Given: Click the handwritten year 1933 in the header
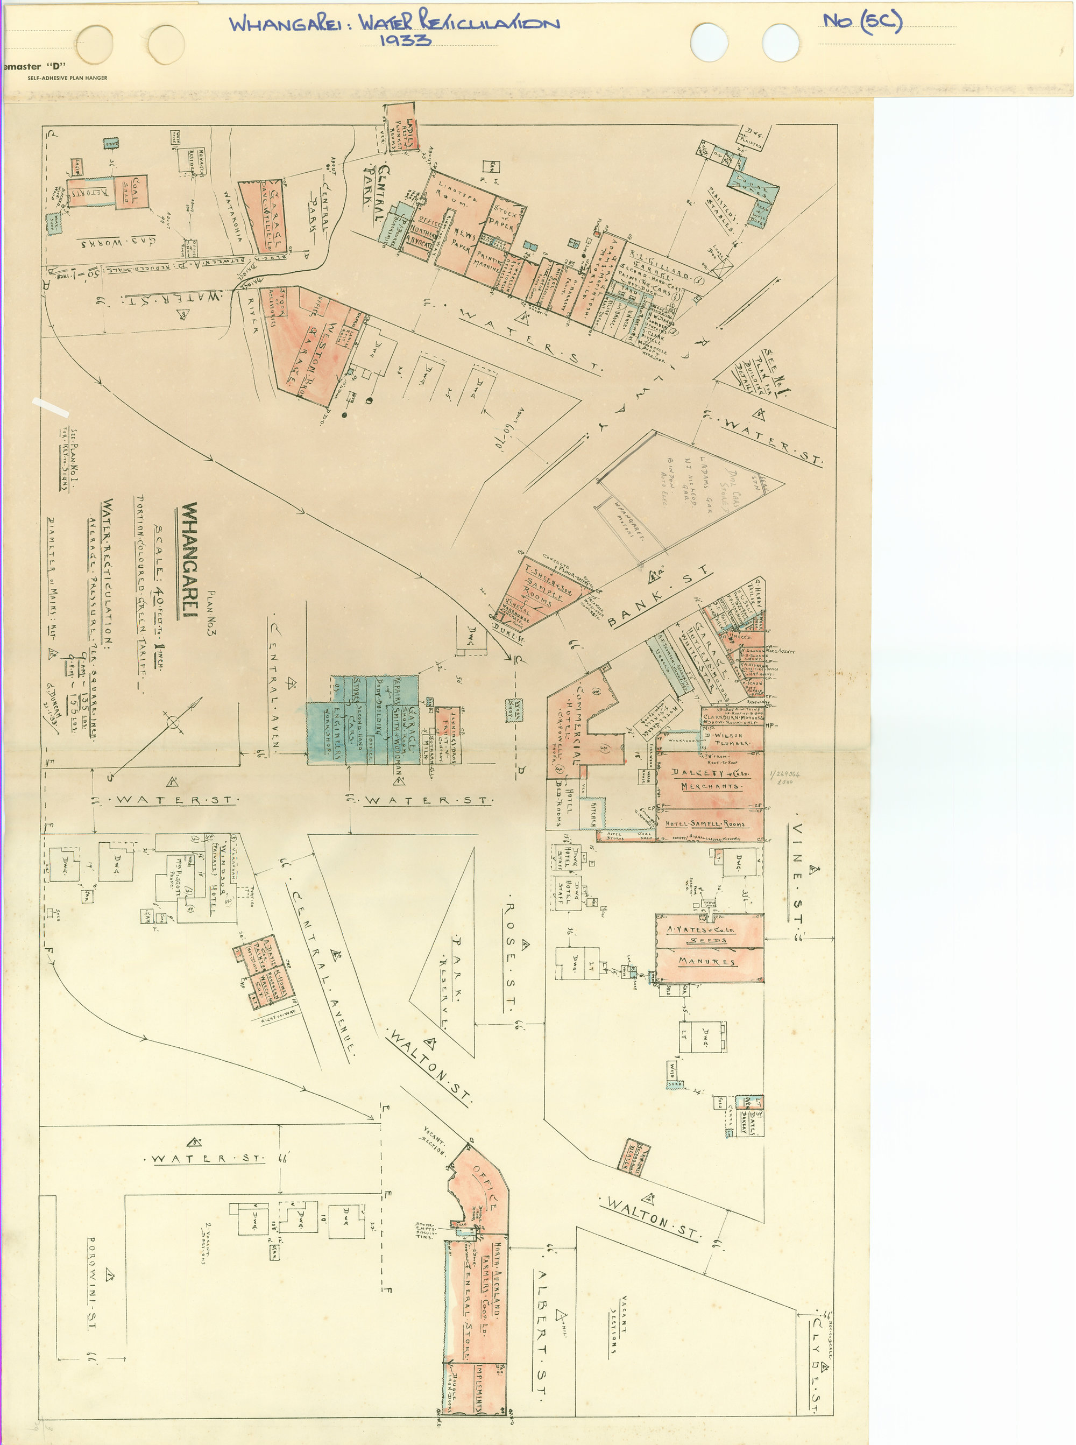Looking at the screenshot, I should (x=405, y=40).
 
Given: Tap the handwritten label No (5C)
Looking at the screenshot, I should (x=862, y=22).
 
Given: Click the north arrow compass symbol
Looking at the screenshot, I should (x=173, y=722).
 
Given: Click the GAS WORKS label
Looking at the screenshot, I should (x=117, y=242).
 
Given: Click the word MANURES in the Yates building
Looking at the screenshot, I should (x=707, y=962).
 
